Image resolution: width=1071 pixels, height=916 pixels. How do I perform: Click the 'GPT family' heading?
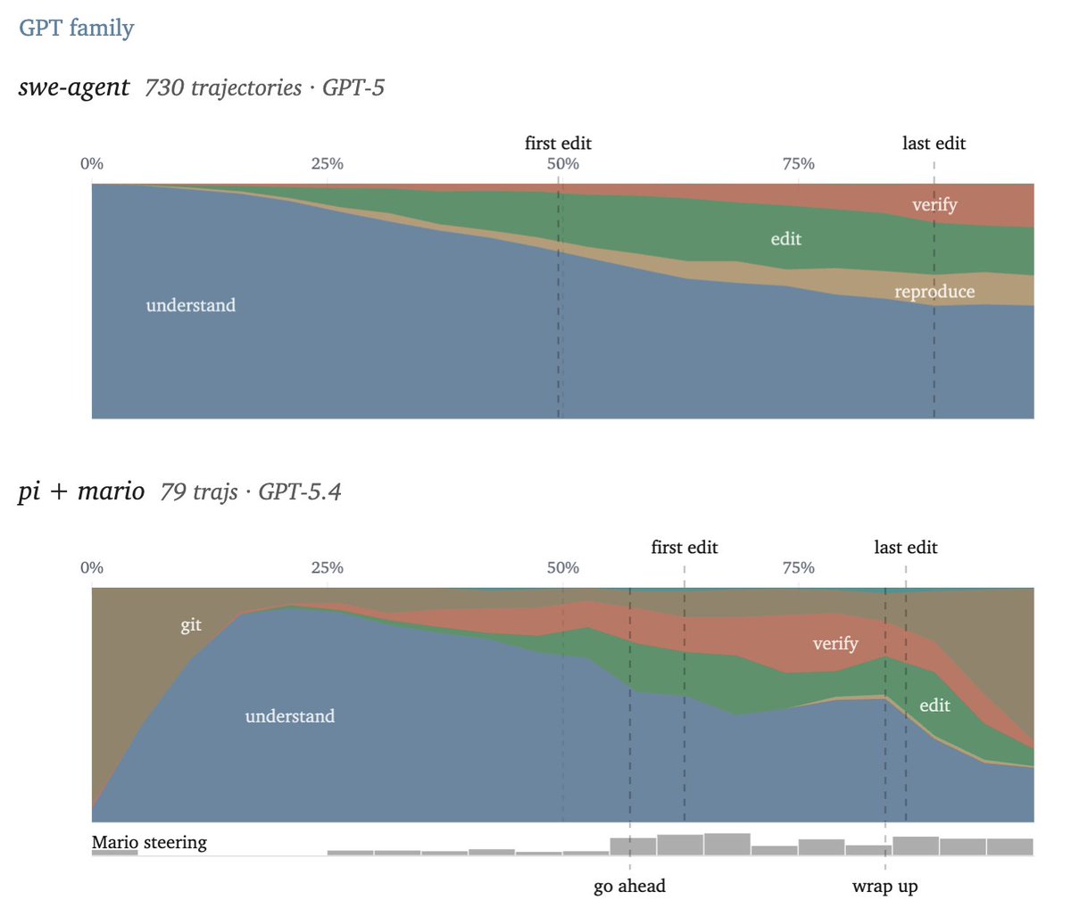[x=77, y=28]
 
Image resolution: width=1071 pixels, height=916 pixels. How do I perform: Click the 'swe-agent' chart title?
[x=74, y=87]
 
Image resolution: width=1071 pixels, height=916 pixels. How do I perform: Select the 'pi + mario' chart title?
[x=81, y=491]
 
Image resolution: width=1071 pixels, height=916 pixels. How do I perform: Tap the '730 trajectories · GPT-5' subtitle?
[x=264, y=87]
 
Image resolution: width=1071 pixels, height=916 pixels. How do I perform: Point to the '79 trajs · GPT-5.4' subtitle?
[x=251, y=491]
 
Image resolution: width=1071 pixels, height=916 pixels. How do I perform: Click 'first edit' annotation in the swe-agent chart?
[x=558, y=144]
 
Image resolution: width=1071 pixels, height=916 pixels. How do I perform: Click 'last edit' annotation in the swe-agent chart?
[x=934, y=144]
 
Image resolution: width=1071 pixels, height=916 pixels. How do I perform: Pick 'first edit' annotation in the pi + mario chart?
[x=684, y=548]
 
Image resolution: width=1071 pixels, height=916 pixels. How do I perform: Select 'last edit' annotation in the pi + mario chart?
[x=905, y=548]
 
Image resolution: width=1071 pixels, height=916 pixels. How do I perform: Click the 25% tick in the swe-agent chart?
[x=328, y=164]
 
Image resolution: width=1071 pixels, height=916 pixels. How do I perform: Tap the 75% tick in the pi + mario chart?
[x=798, y=568]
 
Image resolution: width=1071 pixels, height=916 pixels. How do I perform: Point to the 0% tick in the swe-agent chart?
[x=92, y=164]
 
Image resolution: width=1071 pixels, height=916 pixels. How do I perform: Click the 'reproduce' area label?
[x=934, y=292]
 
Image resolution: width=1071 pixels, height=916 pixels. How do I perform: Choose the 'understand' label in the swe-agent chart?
[x=191, y=305]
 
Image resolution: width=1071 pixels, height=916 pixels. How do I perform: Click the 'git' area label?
[x=191, y=625]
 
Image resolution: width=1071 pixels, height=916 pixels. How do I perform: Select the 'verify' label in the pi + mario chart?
[x=835, y=643]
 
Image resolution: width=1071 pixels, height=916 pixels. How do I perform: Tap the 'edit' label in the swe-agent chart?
[x=785, y=239]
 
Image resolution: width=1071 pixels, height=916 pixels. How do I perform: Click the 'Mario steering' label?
[x=149, y=842]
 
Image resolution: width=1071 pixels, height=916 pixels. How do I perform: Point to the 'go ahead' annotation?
[x=629, y=887]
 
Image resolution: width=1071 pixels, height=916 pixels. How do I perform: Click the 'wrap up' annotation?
[x=884, y=887]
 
